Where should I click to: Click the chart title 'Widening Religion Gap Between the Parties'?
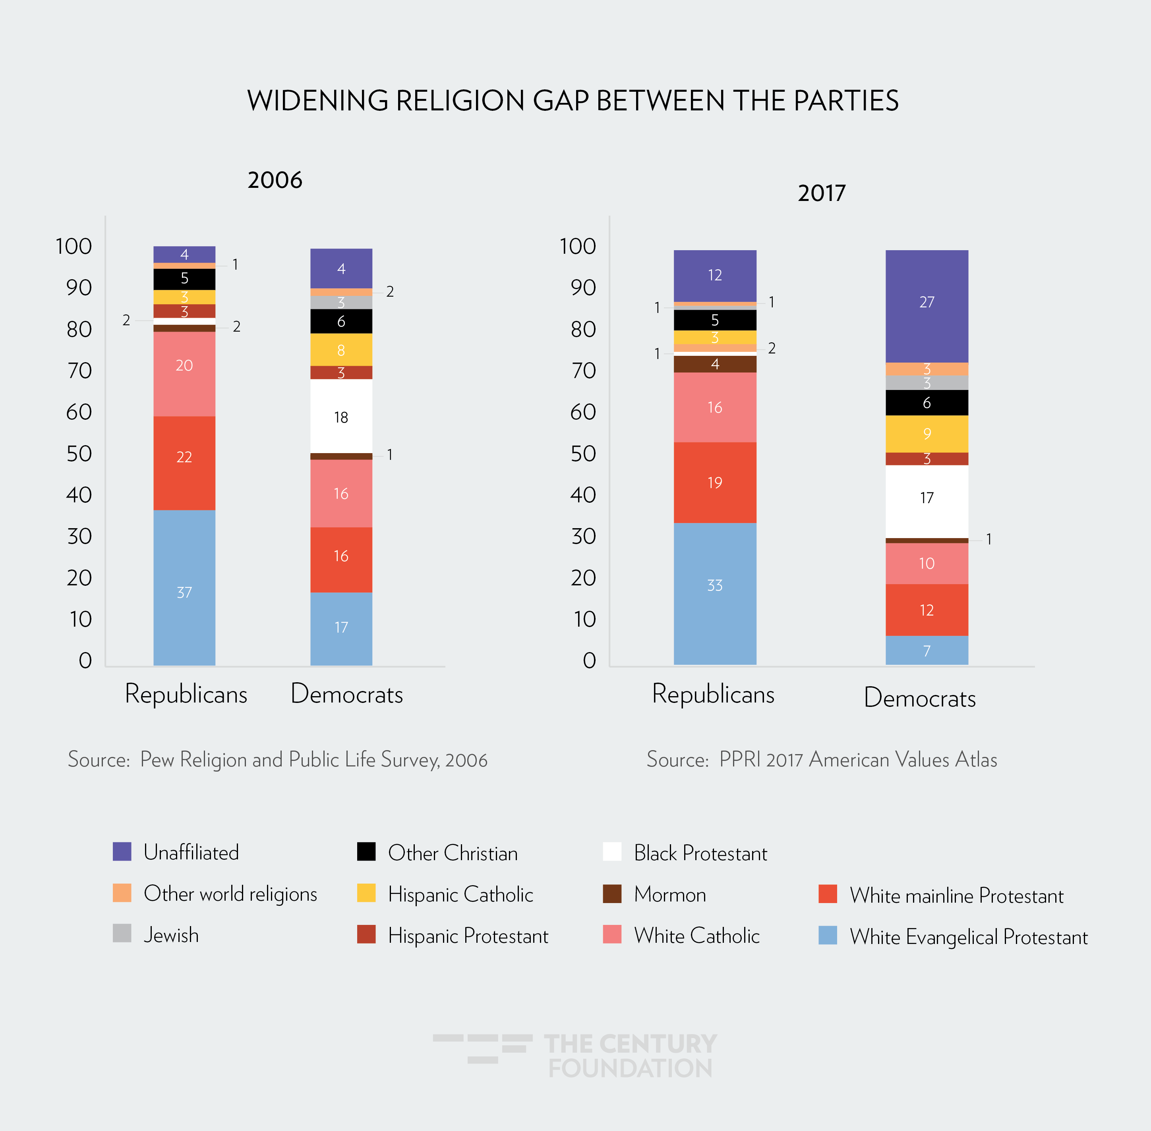pyautogui.click(x=572, y=100)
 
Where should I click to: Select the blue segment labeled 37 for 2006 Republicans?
pyautogui.click(x=184, y=587)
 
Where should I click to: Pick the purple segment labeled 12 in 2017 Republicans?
pyautogui.click(x=715, y=276)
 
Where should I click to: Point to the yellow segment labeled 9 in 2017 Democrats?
pyautogui.click(x=927, y=434)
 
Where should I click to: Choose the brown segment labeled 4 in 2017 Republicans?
pyautogui.click(x=715, y=364)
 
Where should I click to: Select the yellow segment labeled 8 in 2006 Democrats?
pyautogui.click(x=341, y=349)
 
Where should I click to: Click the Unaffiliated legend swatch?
pyautogui.click(x=122, y=851)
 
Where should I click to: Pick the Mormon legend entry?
pyautogui.click(x=670, y=894)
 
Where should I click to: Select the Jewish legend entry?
pyautogui.click(x=170, y=935)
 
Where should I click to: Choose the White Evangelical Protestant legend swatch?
pyautogui.click(x=827, y=936)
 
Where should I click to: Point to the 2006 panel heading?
pyautogui.click(x=275, y=180)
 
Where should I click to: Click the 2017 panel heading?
pyautogui.click(x=821, y=193)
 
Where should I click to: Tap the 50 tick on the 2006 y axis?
pyautogui.click(x=79, y=453)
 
